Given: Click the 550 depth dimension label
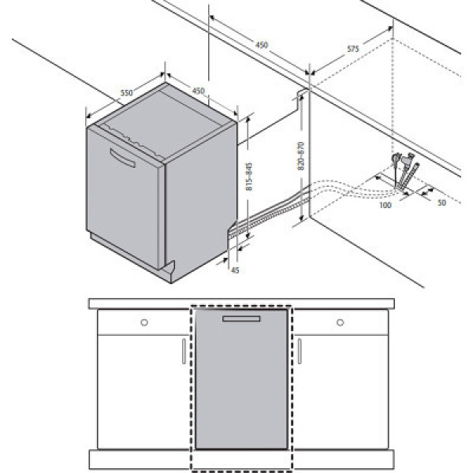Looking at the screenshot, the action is (126, 92).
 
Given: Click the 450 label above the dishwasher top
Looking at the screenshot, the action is (198, 91).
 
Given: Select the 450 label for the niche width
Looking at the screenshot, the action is (262, 45).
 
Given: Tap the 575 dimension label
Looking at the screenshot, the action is (352, 49).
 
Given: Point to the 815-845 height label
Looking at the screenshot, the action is (249, 177).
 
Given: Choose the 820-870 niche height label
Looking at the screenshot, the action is (301, 156).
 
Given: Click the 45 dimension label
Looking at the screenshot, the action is (235, 270).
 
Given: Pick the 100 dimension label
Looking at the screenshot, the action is (385, 205).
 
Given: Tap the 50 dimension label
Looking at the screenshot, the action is (441, 203).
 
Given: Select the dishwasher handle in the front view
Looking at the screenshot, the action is (241, 318).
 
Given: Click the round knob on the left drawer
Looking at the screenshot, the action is (144, 322).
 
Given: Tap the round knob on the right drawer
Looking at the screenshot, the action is (341, 322).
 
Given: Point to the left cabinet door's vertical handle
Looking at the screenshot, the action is (184, 351).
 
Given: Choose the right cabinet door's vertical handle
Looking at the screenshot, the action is (300, 351).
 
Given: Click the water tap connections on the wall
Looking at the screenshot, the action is (404, 170).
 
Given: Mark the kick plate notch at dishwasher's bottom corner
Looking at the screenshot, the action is (169, 268).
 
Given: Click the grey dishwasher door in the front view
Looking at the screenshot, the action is (241, 379).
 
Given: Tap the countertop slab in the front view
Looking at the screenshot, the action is (241, 304).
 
